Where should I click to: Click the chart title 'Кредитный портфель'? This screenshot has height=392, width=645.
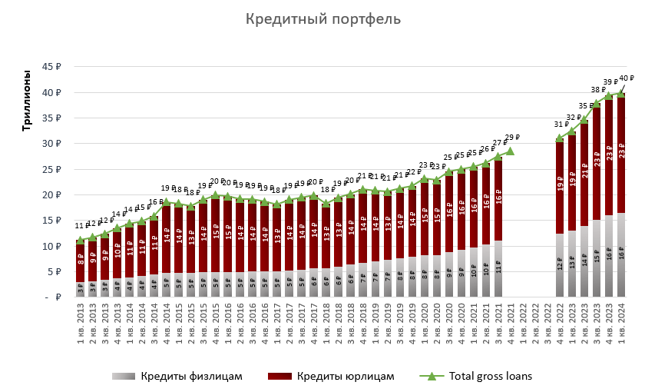click(322, 19)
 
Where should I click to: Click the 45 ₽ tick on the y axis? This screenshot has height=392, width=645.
click(51, 67)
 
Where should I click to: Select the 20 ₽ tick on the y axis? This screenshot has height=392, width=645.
click(51, 194)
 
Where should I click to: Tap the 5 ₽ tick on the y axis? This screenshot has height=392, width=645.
click(54, 271)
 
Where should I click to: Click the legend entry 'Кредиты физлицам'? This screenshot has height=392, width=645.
click(192, 376)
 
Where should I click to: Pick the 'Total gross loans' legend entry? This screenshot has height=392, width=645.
click(488, 376)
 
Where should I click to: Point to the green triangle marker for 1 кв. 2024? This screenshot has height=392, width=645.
click(620, 93)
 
